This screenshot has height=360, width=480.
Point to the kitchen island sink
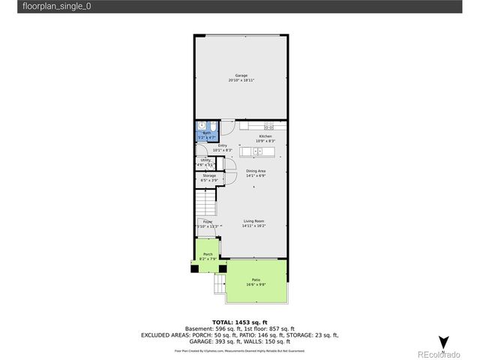pos(258,151)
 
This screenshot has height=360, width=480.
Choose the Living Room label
pos(253,222)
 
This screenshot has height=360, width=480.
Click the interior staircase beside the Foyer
pos(205,201)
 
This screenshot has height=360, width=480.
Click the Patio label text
pos(256,280)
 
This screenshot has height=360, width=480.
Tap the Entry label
pos(222,147)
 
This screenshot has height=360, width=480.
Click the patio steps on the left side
pos(220,283)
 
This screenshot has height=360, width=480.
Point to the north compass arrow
pos(444,340)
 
